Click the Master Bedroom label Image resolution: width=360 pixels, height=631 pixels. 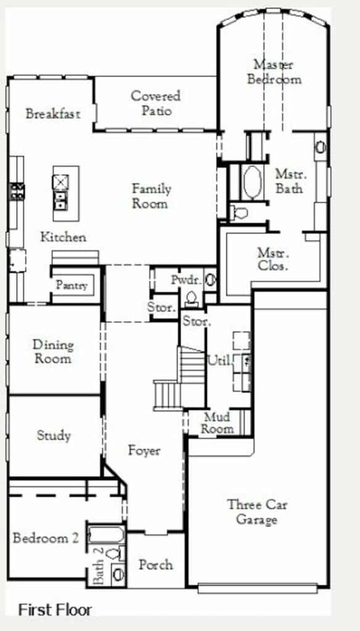(274, 71)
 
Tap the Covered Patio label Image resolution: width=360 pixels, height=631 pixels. (156, 103)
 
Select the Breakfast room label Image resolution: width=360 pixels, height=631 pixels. (53, 113)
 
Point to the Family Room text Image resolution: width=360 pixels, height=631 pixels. (152, 196)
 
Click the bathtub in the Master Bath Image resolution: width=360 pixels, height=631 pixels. (253, 182)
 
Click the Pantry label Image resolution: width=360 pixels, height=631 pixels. (72, 285)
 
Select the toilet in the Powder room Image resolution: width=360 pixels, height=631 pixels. (191, 299)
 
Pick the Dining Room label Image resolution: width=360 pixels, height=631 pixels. (53, 351)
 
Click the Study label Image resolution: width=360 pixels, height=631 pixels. (54, 436)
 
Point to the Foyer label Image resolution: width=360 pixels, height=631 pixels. (144, 450)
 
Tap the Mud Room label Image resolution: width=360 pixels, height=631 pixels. (217, 423)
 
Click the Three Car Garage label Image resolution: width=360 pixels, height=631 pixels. (257, 512)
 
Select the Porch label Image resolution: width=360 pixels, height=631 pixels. (156, 564)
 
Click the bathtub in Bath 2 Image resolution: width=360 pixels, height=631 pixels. (106, 535)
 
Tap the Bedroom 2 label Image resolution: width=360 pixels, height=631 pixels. (46, 538)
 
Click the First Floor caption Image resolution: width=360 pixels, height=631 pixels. (55, 610)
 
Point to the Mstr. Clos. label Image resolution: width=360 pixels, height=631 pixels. (273, 259)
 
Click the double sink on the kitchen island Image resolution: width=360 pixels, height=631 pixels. (61, 200)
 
